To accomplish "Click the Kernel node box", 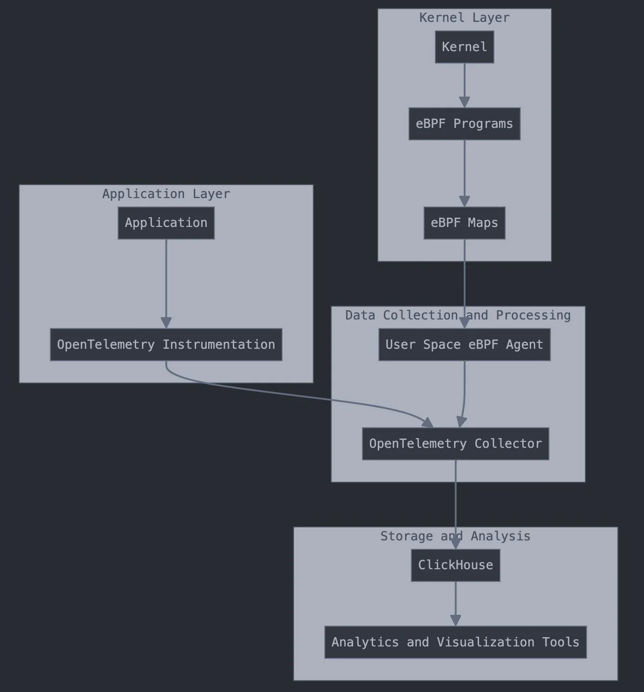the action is click(464, 47).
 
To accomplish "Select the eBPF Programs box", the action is click(464, 124).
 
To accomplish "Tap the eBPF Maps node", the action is click(464, 223).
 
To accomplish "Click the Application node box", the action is click(166, 223).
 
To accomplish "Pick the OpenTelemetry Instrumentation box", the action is click(166, 345).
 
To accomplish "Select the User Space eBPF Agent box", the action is click(464, 345).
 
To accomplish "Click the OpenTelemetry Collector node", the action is click(455, 444).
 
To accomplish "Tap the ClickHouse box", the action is click(455, 565).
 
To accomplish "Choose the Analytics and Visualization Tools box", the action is click(455, 642).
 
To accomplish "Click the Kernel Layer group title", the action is click(464, 18).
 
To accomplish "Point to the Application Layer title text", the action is click(166, 194).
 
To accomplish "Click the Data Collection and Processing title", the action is click(458, 315).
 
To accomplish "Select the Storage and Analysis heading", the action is click(455, 536).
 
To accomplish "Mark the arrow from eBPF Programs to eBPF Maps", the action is click(464, 172).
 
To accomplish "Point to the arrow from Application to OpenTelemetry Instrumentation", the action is click(166, 284).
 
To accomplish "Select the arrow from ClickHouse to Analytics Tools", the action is click(455, 602).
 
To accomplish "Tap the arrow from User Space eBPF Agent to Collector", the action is click(464, 395).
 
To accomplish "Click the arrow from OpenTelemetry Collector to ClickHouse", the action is click(455, 498).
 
